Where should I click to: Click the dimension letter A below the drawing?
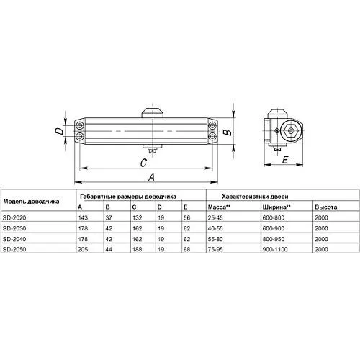[x=151, y=177]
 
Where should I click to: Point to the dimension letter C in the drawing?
[x=143, y=163]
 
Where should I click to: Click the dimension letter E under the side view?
[x=285, y=160]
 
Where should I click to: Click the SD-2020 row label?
[x=14, y=217]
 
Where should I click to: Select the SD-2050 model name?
[x=14, y=249]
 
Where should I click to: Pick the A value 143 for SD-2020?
[x=83, y=217]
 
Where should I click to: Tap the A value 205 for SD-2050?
[x=83, y=249]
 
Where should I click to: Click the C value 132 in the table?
[x=138, y=217]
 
